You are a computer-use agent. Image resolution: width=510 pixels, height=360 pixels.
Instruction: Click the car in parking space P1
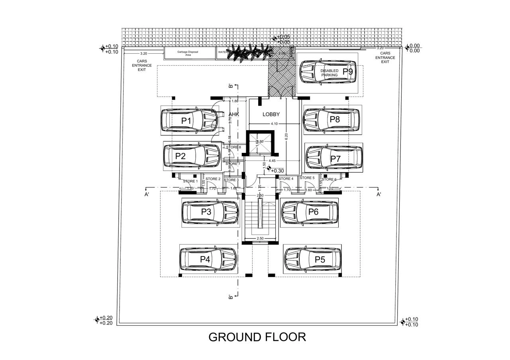(x=189, y=120)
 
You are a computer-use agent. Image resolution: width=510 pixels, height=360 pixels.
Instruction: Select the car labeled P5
(x=312, y=259)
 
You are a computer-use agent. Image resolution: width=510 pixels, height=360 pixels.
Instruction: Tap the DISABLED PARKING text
(x=330, y=72)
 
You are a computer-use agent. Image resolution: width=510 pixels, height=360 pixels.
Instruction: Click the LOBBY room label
(x=271, y=114)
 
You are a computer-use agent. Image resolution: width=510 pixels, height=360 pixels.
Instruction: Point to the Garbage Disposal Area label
(x=188, y=53)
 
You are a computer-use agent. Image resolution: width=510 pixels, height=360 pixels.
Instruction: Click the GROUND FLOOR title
(x=257, y=337)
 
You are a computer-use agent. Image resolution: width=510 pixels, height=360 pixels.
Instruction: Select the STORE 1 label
(x=190, y=181)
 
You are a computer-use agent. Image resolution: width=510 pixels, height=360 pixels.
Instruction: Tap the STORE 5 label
(x=307, y=178)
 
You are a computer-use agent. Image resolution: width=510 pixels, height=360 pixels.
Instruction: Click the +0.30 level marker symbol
(x=269, y=169)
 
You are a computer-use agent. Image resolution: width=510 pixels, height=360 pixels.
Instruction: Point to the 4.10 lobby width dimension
(x=274, y=124)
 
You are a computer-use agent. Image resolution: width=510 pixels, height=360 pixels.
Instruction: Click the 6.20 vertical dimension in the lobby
(x=286, y=136)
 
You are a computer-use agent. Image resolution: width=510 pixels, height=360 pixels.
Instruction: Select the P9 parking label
(x=347, y=72)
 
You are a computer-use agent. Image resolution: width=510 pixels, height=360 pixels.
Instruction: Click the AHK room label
(x=233, y=114)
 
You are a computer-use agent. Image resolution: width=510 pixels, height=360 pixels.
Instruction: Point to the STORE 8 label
(x=233, y=147)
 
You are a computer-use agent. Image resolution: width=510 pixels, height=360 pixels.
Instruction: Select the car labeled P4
(x=208, y=259)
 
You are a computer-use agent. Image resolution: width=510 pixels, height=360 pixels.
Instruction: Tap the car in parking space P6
(x=310, y=212)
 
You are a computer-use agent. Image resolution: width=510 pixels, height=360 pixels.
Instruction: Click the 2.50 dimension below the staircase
(x=260, y=238)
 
